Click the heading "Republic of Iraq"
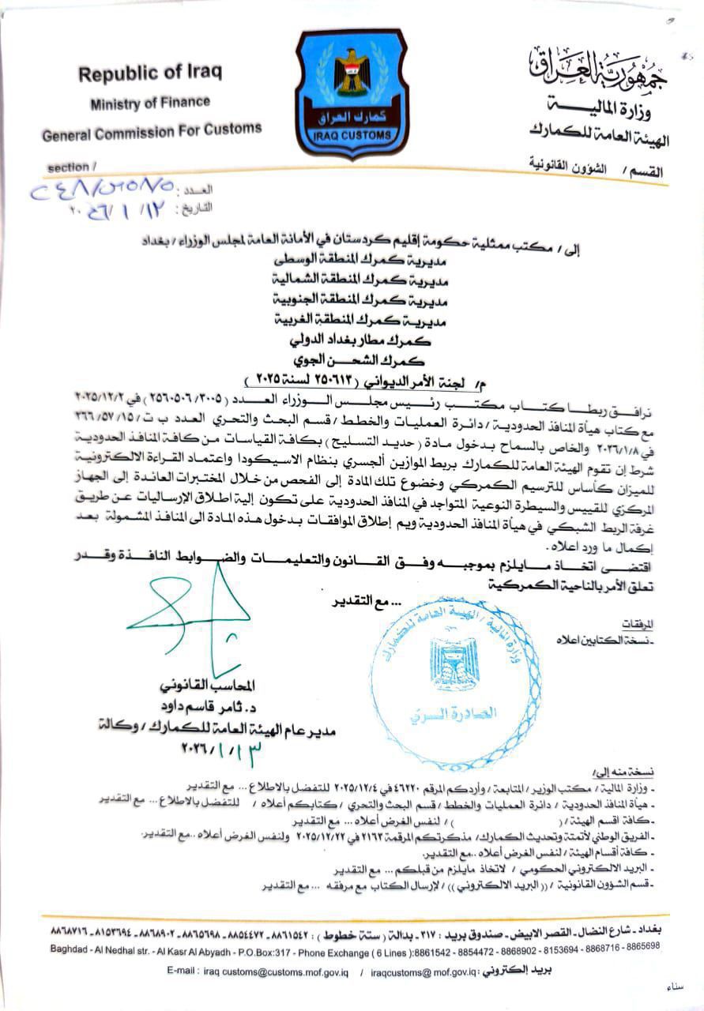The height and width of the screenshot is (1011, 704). click(x=149, y=73)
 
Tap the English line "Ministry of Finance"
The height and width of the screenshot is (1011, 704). click(x=150, y=102)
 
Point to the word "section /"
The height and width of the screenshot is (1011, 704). click(x=72, y=167)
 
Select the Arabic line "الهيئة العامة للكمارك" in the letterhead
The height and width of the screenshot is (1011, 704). click(x=599, y=141)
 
